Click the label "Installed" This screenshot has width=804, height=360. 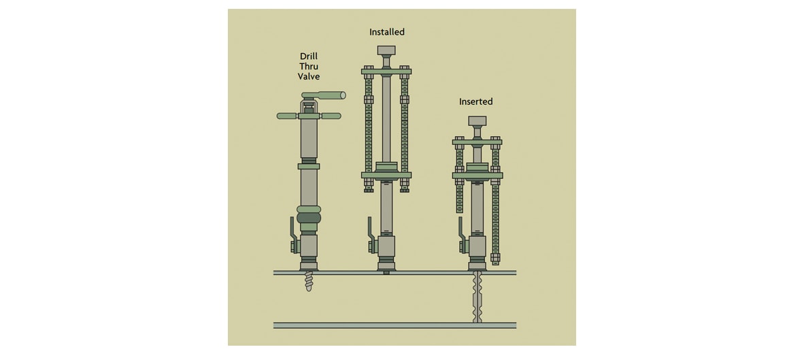coord(386,32)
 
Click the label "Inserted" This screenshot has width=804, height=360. coord(476,101)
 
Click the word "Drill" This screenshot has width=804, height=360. coord(309,56)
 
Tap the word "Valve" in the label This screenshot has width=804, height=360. coord(309,76)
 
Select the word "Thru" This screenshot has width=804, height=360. coord(309,67)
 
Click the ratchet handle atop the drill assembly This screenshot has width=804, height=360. coord(324,95)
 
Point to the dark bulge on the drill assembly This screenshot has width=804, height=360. coord(309,218)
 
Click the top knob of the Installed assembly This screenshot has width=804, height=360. coord(386,50)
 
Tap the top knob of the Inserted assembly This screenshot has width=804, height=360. coord(477,121)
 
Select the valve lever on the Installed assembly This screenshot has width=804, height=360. coord(371,235)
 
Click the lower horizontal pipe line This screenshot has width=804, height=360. coord(395,325)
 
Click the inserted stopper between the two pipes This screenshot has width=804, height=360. coord(478,297)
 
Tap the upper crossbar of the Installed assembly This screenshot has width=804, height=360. coord(386,71)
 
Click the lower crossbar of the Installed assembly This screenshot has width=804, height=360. coord(386,175)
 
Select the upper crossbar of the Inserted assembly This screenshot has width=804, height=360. coord(477,142)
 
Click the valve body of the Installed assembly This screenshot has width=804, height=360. coord(386,246)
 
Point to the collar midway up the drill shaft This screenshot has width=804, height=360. coord(309,165)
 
